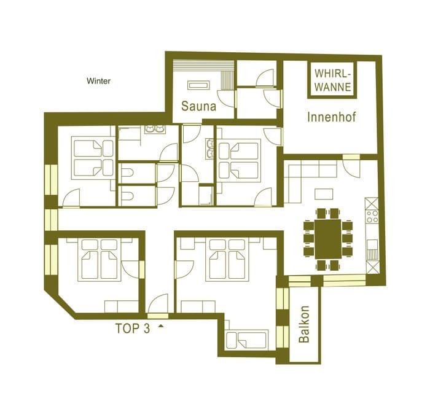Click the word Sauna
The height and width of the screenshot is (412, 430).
(x=198, y=106)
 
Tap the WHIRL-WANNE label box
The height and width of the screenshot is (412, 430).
(x=332, y=80)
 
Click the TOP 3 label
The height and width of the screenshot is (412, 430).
(x=133, y=328)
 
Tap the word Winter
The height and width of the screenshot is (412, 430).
(x=99, y=81)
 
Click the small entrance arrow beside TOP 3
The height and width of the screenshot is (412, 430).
(x=161, y=327)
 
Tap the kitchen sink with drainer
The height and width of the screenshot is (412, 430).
(x=372, y=249)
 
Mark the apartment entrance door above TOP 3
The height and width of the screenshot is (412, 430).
(x=158, y=306)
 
